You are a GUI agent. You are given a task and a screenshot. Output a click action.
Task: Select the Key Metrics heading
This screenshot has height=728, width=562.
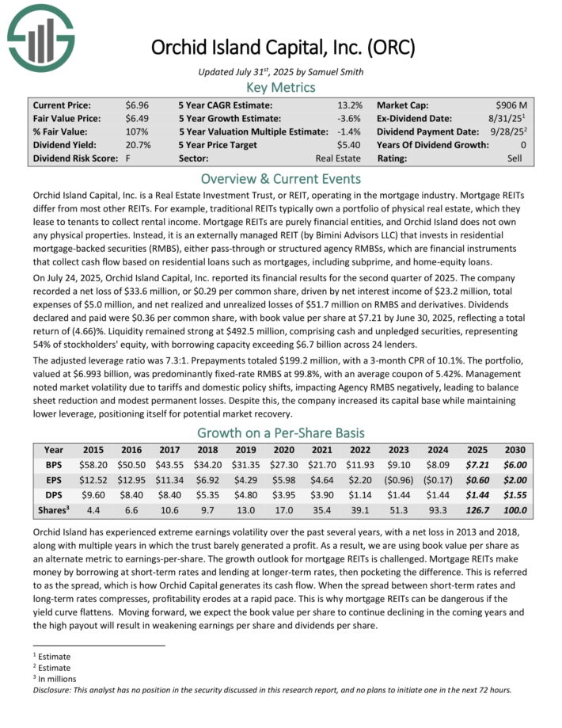click(280, 88)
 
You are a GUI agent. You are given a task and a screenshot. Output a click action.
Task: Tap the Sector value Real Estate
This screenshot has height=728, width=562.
click(339, 158)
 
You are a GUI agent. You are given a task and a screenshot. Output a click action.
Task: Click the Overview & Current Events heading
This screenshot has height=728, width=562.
click(280, 178)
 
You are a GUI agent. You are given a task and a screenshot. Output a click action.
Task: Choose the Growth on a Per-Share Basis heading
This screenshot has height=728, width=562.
click(280, 433)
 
